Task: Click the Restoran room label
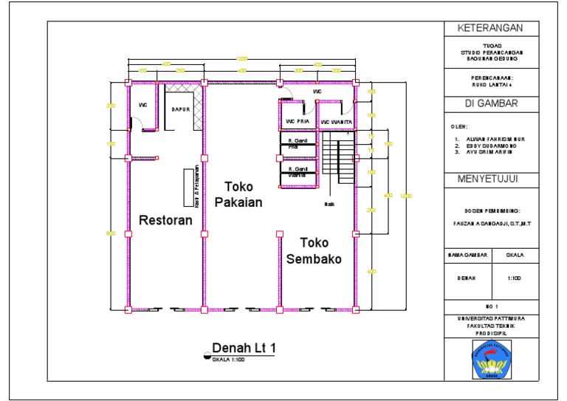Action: click(165, 220)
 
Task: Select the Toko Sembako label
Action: click(314, 251)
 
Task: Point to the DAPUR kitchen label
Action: click(182, 109)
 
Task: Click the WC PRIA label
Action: click(297, 122)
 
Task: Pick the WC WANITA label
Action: click(336, 122)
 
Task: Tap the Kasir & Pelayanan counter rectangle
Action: click(188, 188)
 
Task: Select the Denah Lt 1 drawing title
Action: click(243, 347)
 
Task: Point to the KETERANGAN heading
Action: click(490, 29)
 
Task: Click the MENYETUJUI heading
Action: click(490, 179)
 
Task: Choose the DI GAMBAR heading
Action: click(490, 103)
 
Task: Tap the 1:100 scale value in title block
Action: click(515, 278)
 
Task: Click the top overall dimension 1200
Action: click(241, 58)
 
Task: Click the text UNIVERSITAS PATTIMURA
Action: click(490, 318)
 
